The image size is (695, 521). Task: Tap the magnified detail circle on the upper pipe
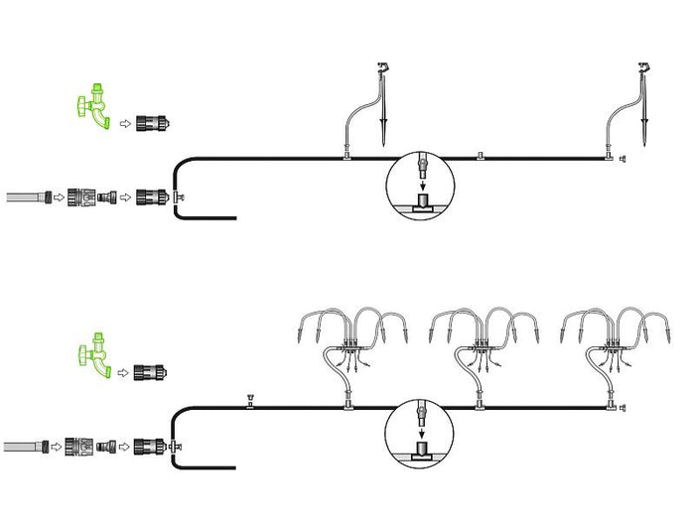(x=419, y=185)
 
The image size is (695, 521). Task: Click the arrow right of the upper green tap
(x=123, y=123)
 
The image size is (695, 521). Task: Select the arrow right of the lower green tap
(x=123, y=374)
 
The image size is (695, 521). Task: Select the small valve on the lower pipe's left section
(x=250, y=402)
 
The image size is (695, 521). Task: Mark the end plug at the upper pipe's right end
(x=623, y=158)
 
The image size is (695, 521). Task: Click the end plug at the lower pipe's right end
(x=623, y=408)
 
